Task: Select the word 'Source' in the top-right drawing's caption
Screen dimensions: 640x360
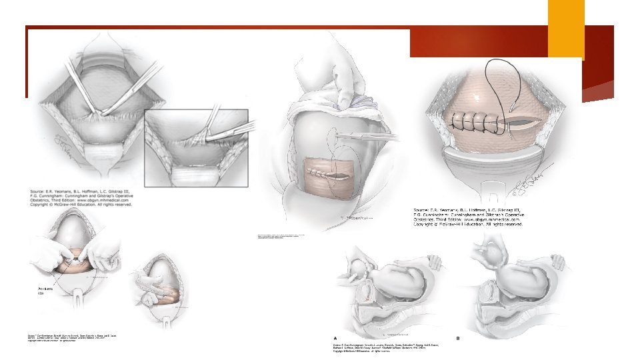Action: pyautogui.click(x=425, y=211)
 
